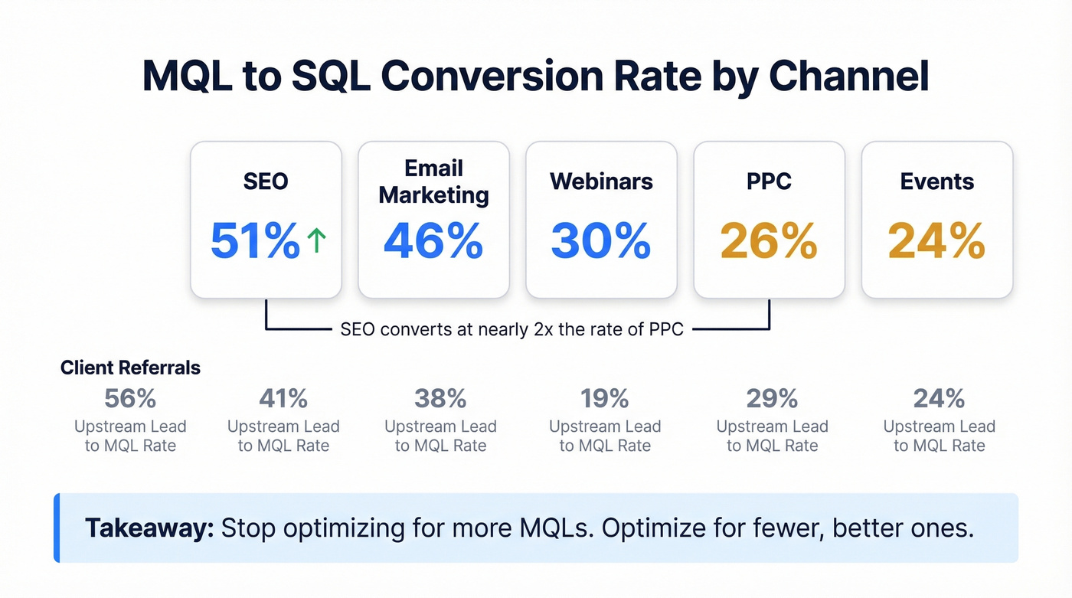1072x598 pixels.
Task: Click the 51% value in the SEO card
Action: click(x=254, y=241)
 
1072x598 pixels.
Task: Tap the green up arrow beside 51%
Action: click(x=316, y=241)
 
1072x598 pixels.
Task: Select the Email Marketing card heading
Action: click(x=433, y=181)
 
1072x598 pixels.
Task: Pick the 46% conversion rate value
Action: click(x=433, y=241)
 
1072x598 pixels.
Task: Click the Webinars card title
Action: click(x=601, y=181)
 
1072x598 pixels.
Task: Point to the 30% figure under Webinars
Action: click(x=601, y=241)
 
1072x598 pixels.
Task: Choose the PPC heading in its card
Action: click(x=769, y=181)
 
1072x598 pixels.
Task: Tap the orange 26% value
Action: click(x=769, y=241)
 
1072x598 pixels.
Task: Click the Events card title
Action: click(x=937, y=181)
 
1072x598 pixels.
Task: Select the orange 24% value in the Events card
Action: click(x=937, y=241)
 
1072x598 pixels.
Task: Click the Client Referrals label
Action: click(x=130, y=368)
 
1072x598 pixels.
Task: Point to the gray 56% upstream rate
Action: click(x=130, y=399)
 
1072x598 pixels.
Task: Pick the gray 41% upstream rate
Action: click(x=283, y=399)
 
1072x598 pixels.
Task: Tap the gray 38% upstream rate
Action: click(x=440, y=399)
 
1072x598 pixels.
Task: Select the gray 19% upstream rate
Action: click(x=605, y=399)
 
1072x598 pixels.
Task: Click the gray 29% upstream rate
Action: click(x=772, y=399)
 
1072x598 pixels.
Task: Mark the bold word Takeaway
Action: click(x=149, y=528)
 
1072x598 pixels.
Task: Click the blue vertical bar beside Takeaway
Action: click(x=57, y=528)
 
